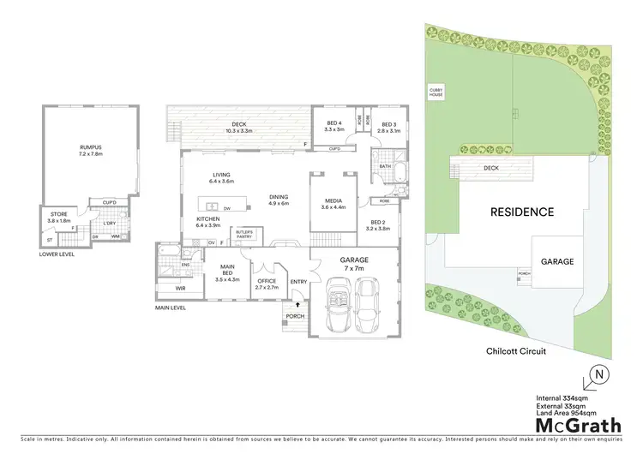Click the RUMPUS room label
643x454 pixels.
[x=90, y=151]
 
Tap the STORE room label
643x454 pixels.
[x=58, y=218]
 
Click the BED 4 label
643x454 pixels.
[x=334, y=126]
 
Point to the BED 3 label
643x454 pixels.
[x=389, y=126]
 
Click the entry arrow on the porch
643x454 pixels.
[x=297, y=302]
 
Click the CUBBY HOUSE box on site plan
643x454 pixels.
[x=436, y=91]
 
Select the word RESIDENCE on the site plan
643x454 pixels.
[x=521, y=212]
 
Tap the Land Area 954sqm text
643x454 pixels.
[x=568, y=413]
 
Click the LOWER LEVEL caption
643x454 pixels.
[x=56, y=254]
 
